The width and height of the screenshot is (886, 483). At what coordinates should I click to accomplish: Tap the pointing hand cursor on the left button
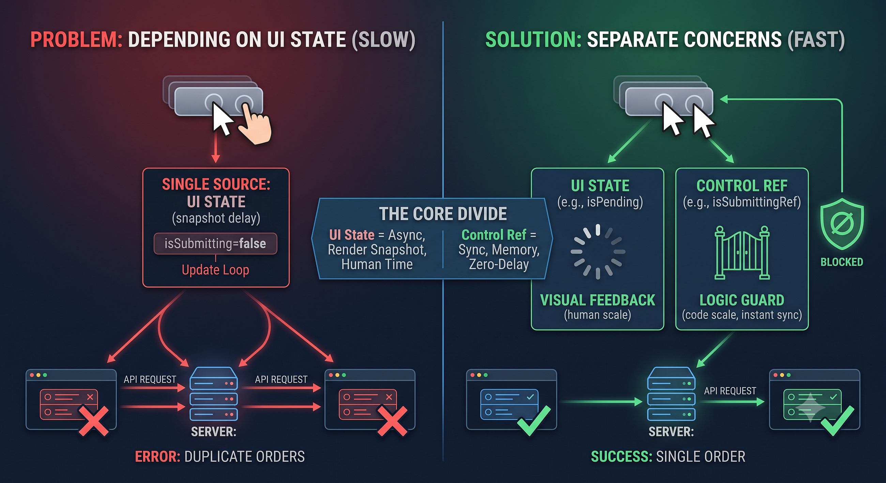tap(255, 124)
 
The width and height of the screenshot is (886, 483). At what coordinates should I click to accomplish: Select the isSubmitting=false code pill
tap(215, 244)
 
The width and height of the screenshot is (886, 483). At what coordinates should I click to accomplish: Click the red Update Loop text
tap(215, 270)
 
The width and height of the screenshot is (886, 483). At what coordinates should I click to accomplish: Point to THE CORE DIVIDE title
tap(443, 214)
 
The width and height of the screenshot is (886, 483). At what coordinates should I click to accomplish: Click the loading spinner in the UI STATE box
tap(598, 252)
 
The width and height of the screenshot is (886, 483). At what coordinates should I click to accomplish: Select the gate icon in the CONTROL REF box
tap(742, 253)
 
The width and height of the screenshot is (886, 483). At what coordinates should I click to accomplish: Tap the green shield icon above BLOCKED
tap(842, 224)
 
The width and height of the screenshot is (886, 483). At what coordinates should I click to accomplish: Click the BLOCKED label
tap(842, 262)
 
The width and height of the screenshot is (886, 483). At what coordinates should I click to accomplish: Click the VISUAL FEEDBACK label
tap(598, 300)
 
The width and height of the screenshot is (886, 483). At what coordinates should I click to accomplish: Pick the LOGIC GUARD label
tap(742, 300)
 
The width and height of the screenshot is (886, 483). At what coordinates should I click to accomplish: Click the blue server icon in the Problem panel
tap(214, 394)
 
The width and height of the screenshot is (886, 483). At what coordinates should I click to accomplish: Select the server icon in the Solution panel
tap(671, 394)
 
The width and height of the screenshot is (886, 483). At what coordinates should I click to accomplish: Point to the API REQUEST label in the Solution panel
tap(730, 391)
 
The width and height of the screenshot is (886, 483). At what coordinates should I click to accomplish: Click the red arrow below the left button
tap(216, 146)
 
